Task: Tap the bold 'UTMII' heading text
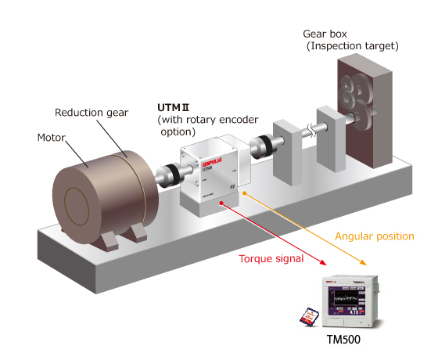coord(174,106)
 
